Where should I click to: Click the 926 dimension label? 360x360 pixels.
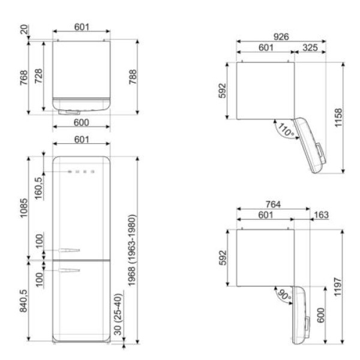(281, 37)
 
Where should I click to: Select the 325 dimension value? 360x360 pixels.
(310, 47)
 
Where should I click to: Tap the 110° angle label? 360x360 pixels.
(286, 130)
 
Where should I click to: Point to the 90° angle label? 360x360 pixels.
(284, 295)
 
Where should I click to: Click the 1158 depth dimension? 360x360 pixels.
(338, 118)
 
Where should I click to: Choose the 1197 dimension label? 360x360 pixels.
(338, 287)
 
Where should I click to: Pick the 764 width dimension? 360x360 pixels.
(273, 204)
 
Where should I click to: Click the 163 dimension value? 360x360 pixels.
(321, 215)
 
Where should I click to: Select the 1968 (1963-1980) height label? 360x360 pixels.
(132, 250)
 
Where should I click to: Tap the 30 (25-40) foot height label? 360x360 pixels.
(118, 314)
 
